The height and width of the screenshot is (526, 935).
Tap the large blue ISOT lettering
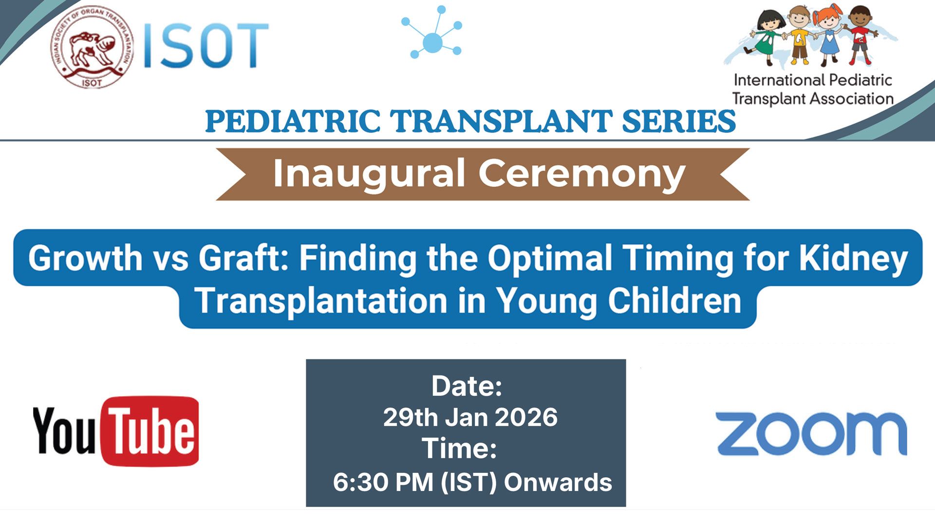pos(206,46)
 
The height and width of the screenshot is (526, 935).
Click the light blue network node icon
pos(432,32)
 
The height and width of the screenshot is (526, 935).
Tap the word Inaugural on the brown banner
pos(369,174)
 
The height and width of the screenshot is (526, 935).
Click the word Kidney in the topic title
pos(853,258)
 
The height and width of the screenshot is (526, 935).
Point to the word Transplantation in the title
pos(321,301)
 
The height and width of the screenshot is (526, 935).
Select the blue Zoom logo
pos(811,433)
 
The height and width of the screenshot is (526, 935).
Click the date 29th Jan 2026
pos(470,417)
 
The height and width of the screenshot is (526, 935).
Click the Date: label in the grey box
pos(467,386)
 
